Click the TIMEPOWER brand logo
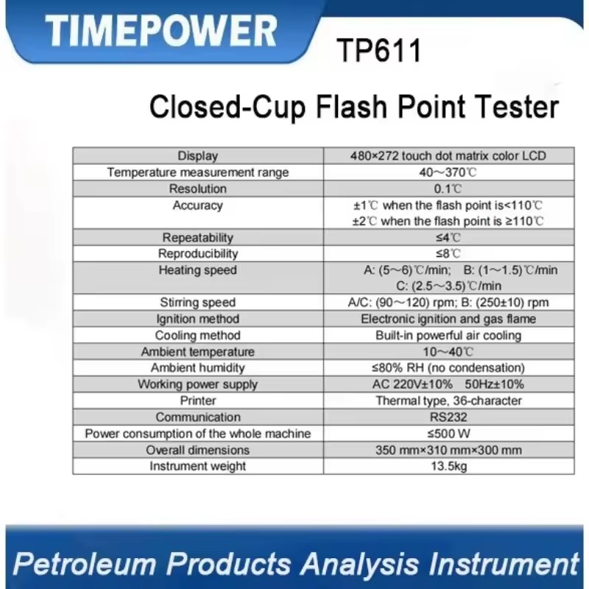[x=161, y=31]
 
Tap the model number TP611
[x=379, y=51]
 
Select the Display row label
[x=197, y=156]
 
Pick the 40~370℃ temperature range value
[x=448, y=172]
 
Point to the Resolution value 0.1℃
[x=448, y=188]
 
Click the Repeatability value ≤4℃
[x=448, y=237]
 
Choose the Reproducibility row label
[x=198, y=254]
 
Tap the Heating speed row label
[x=197, y=270]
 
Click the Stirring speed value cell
[x=448, y=303]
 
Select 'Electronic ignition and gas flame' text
[x=448, y=319]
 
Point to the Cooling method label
[x=197, y=335]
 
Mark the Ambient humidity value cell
[x=448, y=367]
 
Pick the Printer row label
[x=198, y=401]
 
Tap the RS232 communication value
[x=448, y=417]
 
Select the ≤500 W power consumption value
[x=448, y=434]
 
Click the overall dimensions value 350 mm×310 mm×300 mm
[x=448, y=450]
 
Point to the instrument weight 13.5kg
[x=449, y=466]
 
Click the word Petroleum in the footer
[x=85, y=563]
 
